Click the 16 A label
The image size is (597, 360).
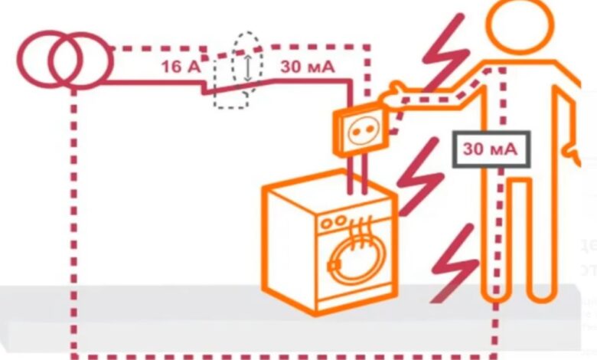[x=181, y=67]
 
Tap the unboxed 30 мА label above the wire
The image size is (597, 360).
[x=308, y=67]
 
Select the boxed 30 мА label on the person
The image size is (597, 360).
[x=491, y=149]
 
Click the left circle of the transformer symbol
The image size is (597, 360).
[x=23, y=60]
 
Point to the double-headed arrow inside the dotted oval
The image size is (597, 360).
[x=248, y=68]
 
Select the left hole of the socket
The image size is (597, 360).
[x=356, y=133]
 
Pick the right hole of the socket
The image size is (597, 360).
[x=369, y=129]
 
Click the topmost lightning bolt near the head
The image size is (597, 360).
[x=446, y=54]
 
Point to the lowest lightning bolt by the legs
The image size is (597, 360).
[x=454, y=263]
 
